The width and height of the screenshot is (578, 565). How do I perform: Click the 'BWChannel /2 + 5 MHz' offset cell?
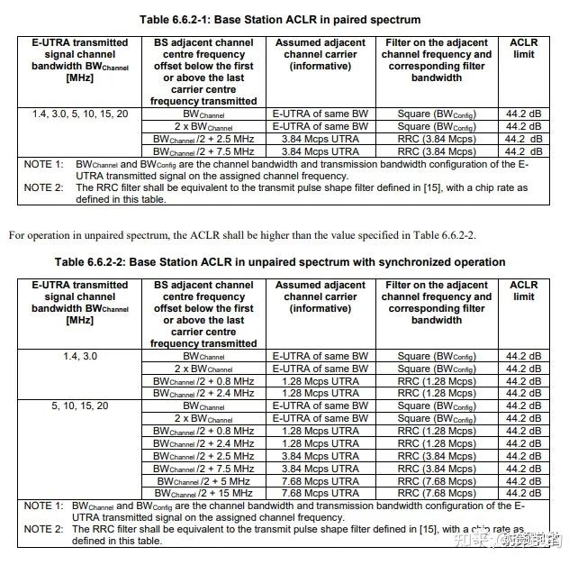[x=203, y=481]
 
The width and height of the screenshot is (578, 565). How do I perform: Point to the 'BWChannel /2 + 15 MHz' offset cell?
[x=203, y=493]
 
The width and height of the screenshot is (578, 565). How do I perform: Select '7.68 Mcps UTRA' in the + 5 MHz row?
[x=321, y=481]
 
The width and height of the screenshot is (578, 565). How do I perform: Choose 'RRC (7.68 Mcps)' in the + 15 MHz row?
[x=437, y=493]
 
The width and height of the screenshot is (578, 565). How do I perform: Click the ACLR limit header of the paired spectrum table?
[x=523, y=48]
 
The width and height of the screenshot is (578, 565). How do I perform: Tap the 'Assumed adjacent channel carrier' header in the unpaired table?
[x=321, y=296]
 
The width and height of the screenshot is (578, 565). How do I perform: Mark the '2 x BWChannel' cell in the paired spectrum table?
[x=203, y=127]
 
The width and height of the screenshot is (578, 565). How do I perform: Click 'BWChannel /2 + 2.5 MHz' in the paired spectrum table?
[x=203, y=139]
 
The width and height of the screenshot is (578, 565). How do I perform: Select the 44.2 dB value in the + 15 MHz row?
[x=523, y=493]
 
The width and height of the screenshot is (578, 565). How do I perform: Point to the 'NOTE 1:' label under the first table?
[x=43, y=165]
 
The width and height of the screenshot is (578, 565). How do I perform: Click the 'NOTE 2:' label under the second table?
[x=43, y=529]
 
